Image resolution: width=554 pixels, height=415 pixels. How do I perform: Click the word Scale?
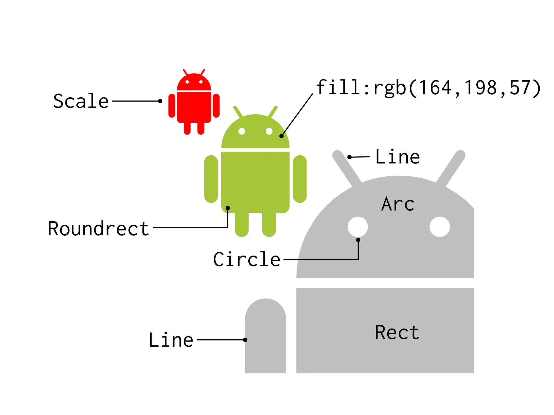(81, 101)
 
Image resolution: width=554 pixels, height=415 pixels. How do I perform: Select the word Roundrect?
(98, 229)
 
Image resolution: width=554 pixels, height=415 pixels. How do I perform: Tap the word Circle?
(246, 259)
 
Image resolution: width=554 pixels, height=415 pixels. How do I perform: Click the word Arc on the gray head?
(398, 204)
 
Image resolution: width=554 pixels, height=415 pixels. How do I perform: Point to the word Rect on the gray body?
(397, 332)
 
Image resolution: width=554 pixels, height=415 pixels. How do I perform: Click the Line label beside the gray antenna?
(397, 157)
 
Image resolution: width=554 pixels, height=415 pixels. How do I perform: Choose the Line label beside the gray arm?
(171, 340)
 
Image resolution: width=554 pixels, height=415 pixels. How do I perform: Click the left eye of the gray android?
(358, 227)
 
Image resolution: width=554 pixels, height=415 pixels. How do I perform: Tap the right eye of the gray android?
(440, 227)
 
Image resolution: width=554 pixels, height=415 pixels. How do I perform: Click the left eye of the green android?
(242, 131)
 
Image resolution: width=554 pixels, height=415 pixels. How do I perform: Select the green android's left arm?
(211, 179)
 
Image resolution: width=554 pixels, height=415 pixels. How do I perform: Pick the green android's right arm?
(300, 179)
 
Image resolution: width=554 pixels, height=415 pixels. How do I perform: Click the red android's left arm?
(172, 106)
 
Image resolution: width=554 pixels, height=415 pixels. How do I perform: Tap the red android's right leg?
(201, 128)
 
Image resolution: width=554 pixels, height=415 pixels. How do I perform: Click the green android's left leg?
(242, 224)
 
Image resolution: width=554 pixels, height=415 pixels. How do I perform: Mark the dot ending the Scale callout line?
(160, 101)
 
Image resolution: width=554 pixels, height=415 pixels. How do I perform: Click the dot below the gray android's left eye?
(358, 240)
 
